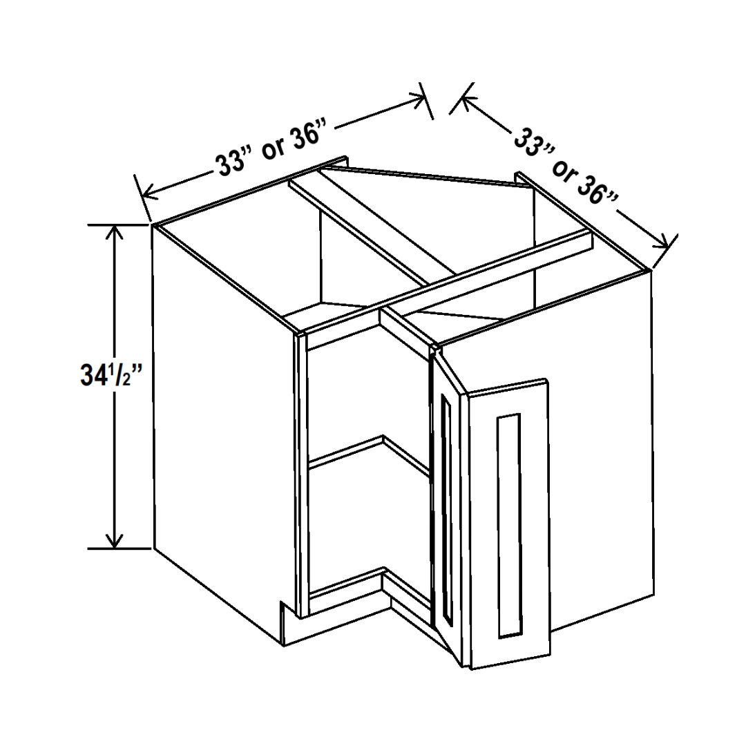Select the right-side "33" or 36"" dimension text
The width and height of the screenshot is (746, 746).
click(x=566, y=164)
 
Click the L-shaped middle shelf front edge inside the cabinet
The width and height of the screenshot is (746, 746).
click(x=370, y=452)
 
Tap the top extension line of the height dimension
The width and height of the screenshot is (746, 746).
click(x=118, y=224)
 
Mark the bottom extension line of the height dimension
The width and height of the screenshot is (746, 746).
click(x=119, y=548)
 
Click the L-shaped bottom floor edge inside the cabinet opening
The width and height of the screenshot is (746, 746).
click(x=370, y=590)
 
